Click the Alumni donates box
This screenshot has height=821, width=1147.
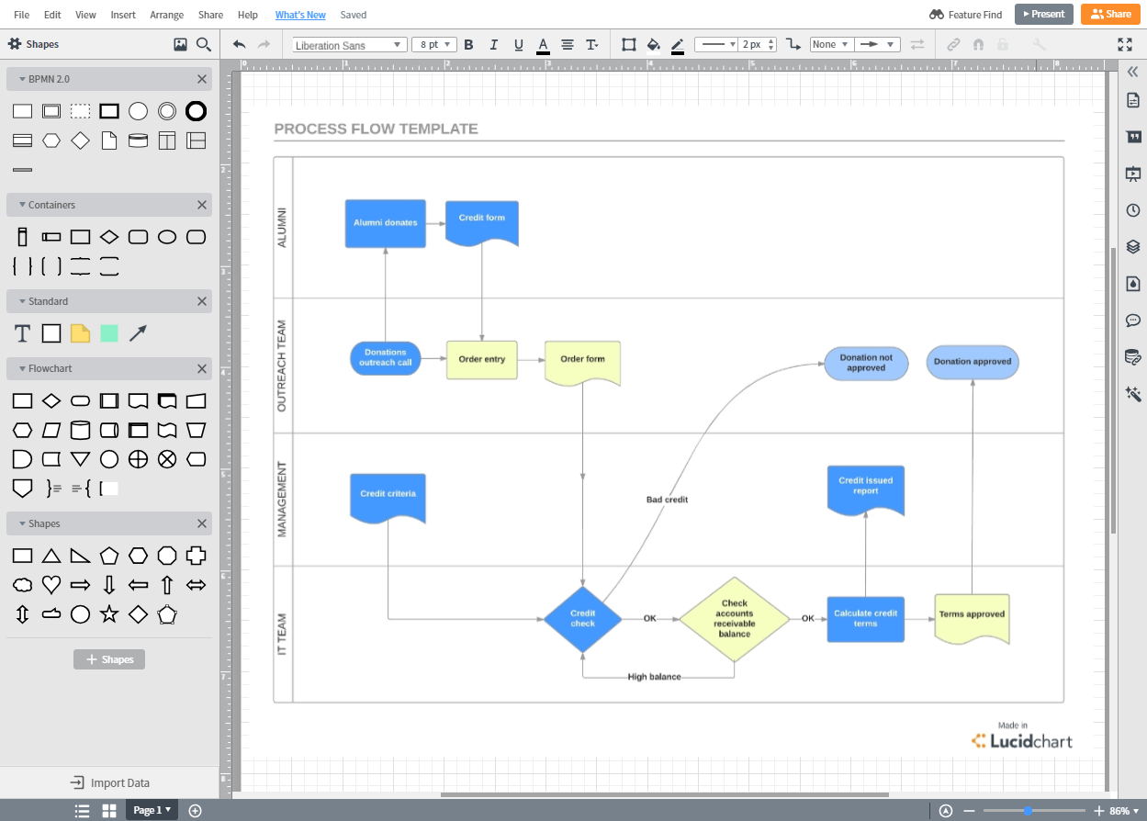pyautogui.click(x=385, y=223)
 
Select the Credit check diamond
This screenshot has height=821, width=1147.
pyautogui.click(x=583, y=619)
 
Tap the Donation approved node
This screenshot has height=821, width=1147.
pyautogui.click(x=973, y=362)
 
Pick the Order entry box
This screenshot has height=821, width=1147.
pyautogui.click(x=482, y=360)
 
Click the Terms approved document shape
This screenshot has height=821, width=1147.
pyautogui.click(x=972, y=618)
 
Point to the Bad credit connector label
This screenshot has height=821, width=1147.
pyautogui.click(x=667, y=500)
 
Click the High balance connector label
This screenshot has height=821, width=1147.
pyautogui.click(x=654, y=677)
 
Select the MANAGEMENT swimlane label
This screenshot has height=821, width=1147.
pyautogui.click(x=282, y=500)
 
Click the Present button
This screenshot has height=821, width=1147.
pyautogui.click(x=1043, y=15)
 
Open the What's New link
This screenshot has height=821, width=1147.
pyautogui.click(x=300, y=15)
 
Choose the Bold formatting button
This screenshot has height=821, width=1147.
pyautogui.click(x=468, y=45)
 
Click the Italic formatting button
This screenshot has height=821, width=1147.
pyautogui.click(x=494, y=45)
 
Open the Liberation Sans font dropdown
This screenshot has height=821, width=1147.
pyautogui.click(x=349, y=45)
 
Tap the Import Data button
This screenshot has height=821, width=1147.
pyautogui.click(x=110, y=782)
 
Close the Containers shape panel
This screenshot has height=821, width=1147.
pyautogui.click(x=202, y=205)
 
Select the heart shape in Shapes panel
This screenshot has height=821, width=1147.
pyautogui.click(x=51, y=584)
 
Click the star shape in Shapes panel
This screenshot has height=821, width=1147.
pyautogui.click(x=109, y=613)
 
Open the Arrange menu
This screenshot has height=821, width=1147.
pyautogui.click(x=166, y=15)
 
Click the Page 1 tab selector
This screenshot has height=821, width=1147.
pyautogui.click(x=152, y=810)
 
